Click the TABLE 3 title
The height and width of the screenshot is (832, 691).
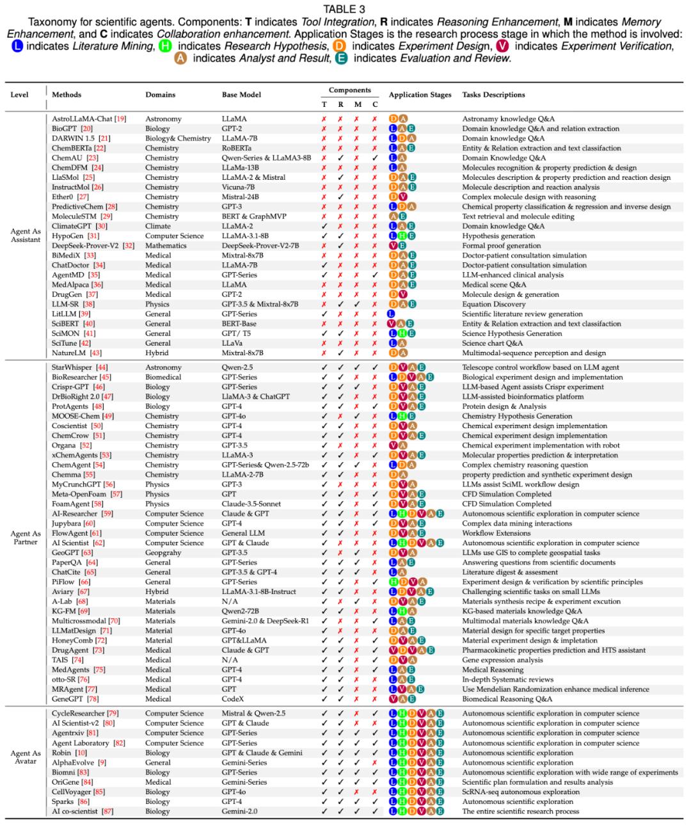344,9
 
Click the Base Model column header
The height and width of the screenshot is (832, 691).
241,95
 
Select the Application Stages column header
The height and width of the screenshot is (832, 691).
420,95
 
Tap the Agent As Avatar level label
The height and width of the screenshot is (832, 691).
26,757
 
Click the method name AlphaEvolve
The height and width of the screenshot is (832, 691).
73,763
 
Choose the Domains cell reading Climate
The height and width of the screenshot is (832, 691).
158,226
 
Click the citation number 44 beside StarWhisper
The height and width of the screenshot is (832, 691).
102,367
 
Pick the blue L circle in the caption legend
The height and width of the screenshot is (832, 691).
17,46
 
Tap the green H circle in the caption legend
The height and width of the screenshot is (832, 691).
165,46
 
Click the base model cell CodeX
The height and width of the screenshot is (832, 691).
233,699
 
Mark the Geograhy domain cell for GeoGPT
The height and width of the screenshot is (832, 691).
163,552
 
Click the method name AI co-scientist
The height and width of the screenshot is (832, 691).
75,812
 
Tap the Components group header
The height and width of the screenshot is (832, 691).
349,90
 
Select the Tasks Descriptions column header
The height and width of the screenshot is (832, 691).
493,95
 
